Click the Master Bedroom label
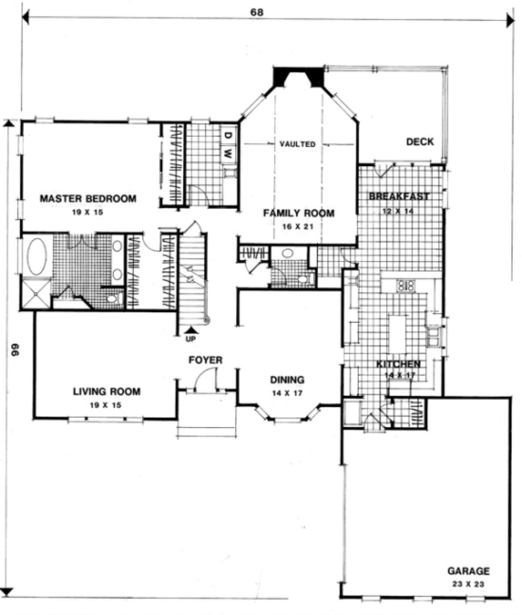coord(88,198)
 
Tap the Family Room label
coord(298,213)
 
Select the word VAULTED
coord(297,144)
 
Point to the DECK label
coord(420,142)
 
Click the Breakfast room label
coord(399,196)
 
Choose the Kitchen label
coord(398,364)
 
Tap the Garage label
coord(468,571)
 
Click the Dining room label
coord(287,380)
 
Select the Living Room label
coord(107,391)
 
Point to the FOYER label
coord(205,360)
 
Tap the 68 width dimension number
coord(257,12)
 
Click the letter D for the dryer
coord(228,135)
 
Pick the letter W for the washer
coord(228,153)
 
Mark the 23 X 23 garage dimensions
coord(468,584)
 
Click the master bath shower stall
coord(36,294)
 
